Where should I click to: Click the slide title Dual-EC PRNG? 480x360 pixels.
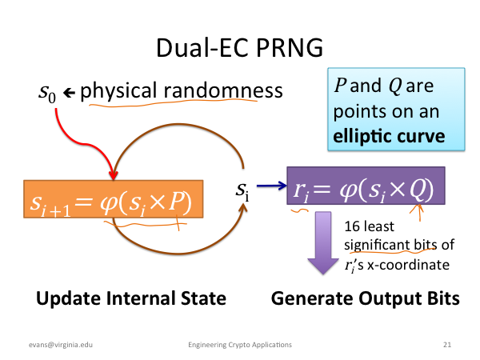point(240,48)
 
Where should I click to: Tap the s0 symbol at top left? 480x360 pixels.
point(47,93)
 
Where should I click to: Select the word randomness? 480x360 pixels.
point(223,90)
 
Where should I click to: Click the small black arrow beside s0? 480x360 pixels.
point(69,92)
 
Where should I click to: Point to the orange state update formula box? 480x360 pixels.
point(114,199)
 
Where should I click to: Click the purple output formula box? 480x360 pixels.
point(366,186)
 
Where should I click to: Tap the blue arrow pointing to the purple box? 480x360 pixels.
point(271,186)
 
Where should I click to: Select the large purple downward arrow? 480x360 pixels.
point(323,242)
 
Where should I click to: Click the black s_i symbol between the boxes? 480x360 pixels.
point(242,191)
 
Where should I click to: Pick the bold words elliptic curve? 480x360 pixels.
point(389,136)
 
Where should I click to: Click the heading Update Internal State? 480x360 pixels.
point(131,298)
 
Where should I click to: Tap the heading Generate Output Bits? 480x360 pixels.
point(366,298)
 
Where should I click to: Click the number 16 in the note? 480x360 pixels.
point(352,226)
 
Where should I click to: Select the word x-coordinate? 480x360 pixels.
point(408,265)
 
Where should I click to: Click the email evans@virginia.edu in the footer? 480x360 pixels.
point(61,345)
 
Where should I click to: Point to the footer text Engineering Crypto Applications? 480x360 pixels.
point(240,345)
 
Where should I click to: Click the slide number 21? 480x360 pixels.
point(447,345)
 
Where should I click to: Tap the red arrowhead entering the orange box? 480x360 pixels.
point(114,174)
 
